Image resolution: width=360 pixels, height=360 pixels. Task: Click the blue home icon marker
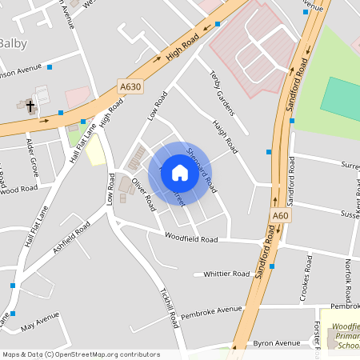coord(180,173)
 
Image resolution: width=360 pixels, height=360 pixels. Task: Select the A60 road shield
coord(279,216)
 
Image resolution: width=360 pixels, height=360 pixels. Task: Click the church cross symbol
coord(30,106)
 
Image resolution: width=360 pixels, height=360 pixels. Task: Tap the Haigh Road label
coord(226,137)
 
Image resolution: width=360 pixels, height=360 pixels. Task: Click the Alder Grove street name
coord(33,157)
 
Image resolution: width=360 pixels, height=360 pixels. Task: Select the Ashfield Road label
coord(72,238)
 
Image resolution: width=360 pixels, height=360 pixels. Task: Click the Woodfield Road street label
coord(191,238)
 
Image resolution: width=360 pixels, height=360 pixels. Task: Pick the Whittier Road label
coord(226,274)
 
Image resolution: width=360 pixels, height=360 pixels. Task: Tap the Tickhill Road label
coord(169,307)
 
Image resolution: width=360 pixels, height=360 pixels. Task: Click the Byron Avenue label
coord(276,343)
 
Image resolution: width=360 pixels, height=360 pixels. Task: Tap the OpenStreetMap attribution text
coord(80,354)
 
